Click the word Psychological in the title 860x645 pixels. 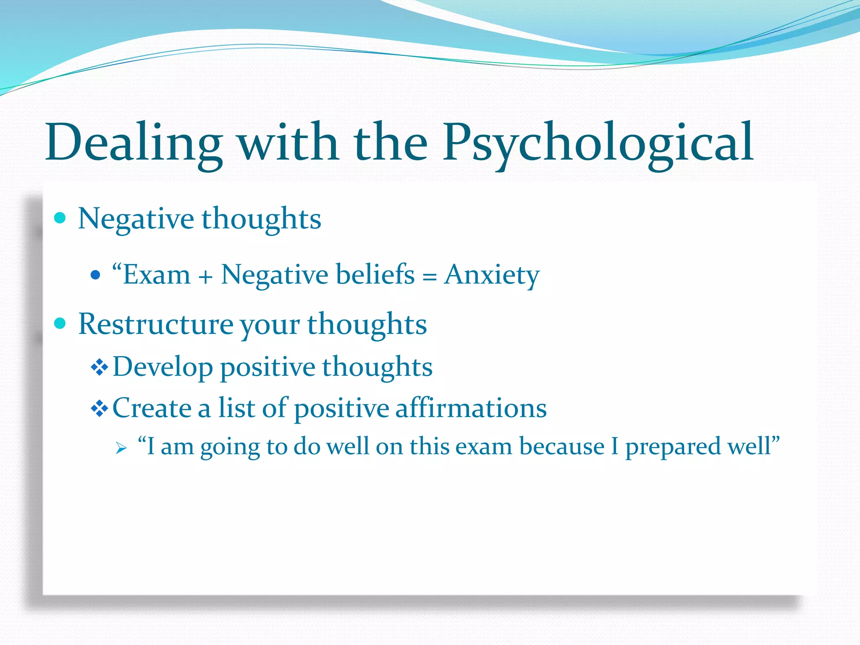click(x=598, y=143)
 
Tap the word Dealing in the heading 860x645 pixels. click(x=134, y=143)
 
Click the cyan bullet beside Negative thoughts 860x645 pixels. click(x=60, y=218)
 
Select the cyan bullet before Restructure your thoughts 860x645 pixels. click(x=60, y=323)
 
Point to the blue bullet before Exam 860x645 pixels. click(x=95, y=275)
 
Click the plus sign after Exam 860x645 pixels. click(x=206, y=278)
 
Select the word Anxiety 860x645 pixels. click(x=491, y=275)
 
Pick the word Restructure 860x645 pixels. click(x=155, y=324)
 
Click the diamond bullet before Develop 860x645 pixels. click(x=100, y=368)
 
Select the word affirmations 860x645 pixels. click(x=471, y=408)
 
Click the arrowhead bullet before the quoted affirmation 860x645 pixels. click(x=121, y=448)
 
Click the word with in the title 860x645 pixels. click(x=288, y=143)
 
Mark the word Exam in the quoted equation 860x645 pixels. click(x=156, y=275)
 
